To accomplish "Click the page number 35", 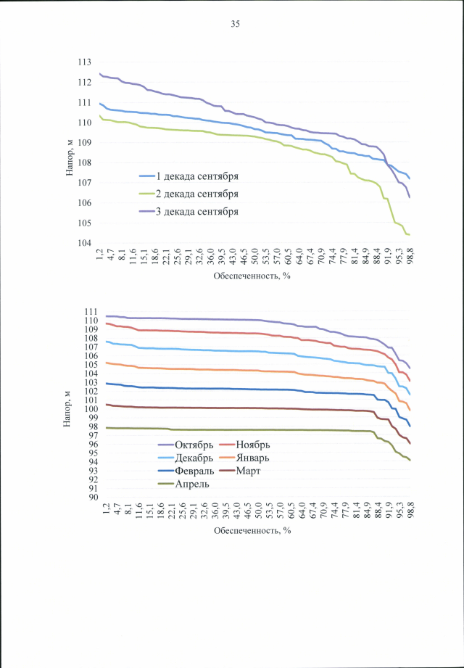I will coord(236,24).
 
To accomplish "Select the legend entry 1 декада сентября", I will coord(197,176).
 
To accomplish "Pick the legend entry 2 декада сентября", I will coord(197,194).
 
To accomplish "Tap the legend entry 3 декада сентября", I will coord(197,212).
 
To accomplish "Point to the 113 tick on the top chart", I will coord(86,62).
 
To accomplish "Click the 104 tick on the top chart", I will coord(86,243).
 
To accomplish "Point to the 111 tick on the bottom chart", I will coord(93,312).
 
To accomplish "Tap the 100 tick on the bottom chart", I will coord(93,409).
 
